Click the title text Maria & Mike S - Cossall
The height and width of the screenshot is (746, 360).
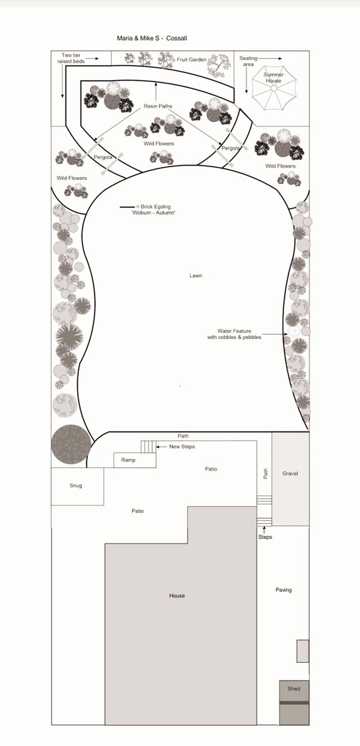152,39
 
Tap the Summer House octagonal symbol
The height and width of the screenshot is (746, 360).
274,88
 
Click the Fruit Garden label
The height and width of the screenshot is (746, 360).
192,60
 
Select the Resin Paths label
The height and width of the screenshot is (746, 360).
158,106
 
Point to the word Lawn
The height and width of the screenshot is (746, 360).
196,275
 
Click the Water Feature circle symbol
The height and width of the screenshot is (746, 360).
294,331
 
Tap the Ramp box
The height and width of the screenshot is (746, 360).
135,460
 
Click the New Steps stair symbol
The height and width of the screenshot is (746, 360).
148,446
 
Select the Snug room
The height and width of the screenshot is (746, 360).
77,486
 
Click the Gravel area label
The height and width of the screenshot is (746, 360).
290,473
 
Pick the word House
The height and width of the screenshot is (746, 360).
177,596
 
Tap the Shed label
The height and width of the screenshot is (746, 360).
293,688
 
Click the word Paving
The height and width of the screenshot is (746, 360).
284,590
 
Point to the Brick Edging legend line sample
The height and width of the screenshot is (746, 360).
127,207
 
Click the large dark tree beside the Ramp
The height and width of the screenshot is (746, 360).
71,444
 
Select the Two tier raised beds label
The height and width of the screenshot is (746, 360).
71,58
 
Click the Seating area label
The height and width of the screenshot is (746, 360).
248,61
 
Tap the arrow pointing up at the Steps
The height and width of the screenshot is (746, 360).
264,530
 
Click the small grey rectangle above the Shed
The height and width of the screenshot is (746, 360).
303,651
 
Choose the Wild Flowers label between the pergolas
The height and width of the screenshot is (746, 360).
159,144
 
